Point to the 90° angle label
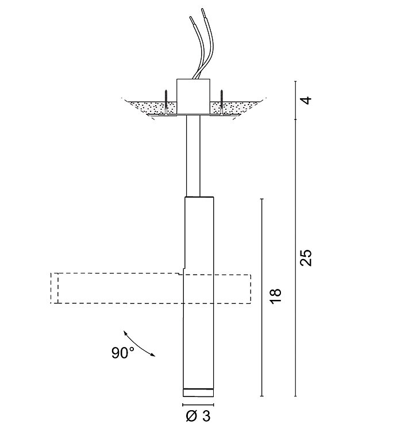(122, 353)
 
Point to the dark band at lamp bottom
(198, 393)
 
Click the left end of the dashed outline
(54, 288)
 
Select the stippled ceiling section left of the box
(147, 107)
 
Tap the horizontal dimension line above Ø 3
(198, 404)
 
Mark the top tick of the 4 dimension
(295, 81)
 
